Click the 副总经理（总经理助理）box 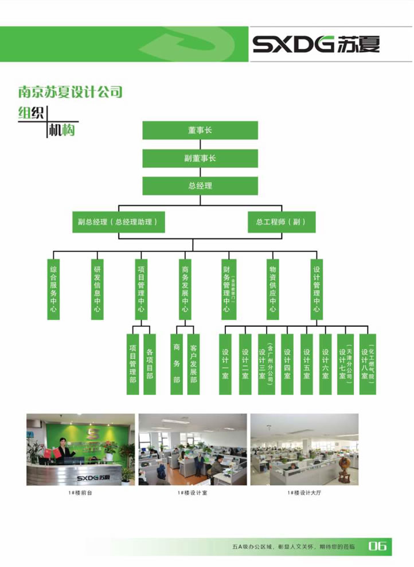(x=118, y=222)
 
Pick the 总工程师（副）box (x=282, y=222)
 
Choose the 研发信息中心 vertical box (x=97, y=289)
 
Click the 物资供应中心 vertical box (x=272, y=289)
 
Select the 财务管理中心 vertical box (x=228, y=289)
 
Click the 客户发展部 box (x=193, y=364)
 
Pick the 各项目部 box (x=149, y=364)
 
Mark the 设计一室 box (x=225, y=364)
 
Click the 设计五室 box (x=307, y=364)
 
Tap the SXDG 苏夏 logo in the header (x=316, y=45)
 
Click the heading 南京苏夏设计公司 (x=71, y=92)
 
